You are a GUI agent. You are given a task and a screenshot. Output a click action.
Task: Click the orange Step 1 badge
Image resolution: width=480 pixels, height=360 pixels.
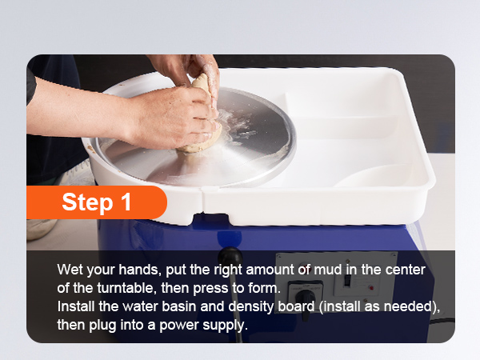pyautogui.click(x=97, y=202)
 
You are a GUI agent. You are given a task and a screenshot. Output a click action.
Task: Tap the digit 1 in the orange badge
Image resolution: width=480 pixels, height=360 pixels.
pyautogui.click(x=126, y=202)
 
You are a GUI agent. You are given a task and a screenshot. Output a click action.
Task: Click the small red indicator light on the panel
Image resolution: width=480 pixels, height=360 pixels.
pyautogui.click(x=371, y=288)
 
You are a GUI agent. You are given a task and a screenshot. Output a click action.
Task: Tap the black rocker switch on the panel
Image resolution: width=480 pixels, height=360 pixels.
pyautogui.click(x=347, y=280)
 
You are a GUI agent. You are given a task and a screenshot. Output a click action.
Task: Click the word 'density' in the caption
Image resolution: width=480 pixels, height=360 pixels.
pyautogui.click(x=250, y=306)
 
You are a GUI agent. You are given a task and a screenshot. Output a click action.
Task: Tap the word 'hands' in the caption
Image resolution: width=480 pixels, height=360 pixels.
pyautogui.click(x=139, y=270)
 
